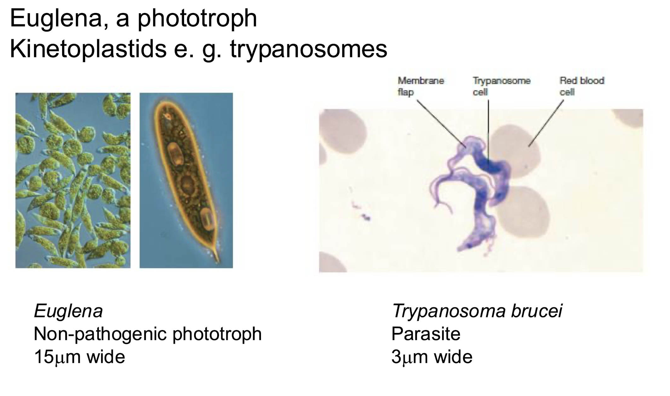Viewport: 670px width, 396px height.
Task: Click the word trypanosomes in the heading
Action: click(x=309, y=49)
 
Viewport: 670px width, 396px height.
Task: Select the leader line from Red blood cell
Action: click(x=547, y=123)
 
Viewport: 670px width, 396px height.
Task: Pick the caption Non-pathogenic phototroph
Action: click(x=147, y=334)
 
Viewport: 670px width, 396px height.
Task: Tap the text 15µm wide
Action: click(x=79, y=357)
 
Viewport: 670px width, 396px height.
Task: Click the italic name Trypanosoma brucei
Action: click(x=477, y=311)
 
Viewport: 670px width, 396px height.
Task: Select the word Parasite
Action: click(x=426, y=334)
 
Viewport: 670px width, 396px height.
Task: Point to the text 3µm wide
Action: click(x=432, y=357)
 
